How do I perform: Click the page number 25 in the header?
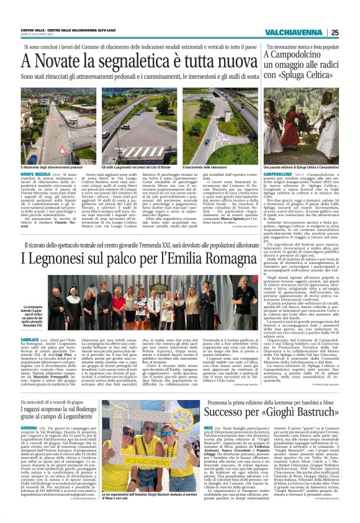coord(335,33)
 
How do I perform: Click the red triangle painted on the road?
coord(200,130)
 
